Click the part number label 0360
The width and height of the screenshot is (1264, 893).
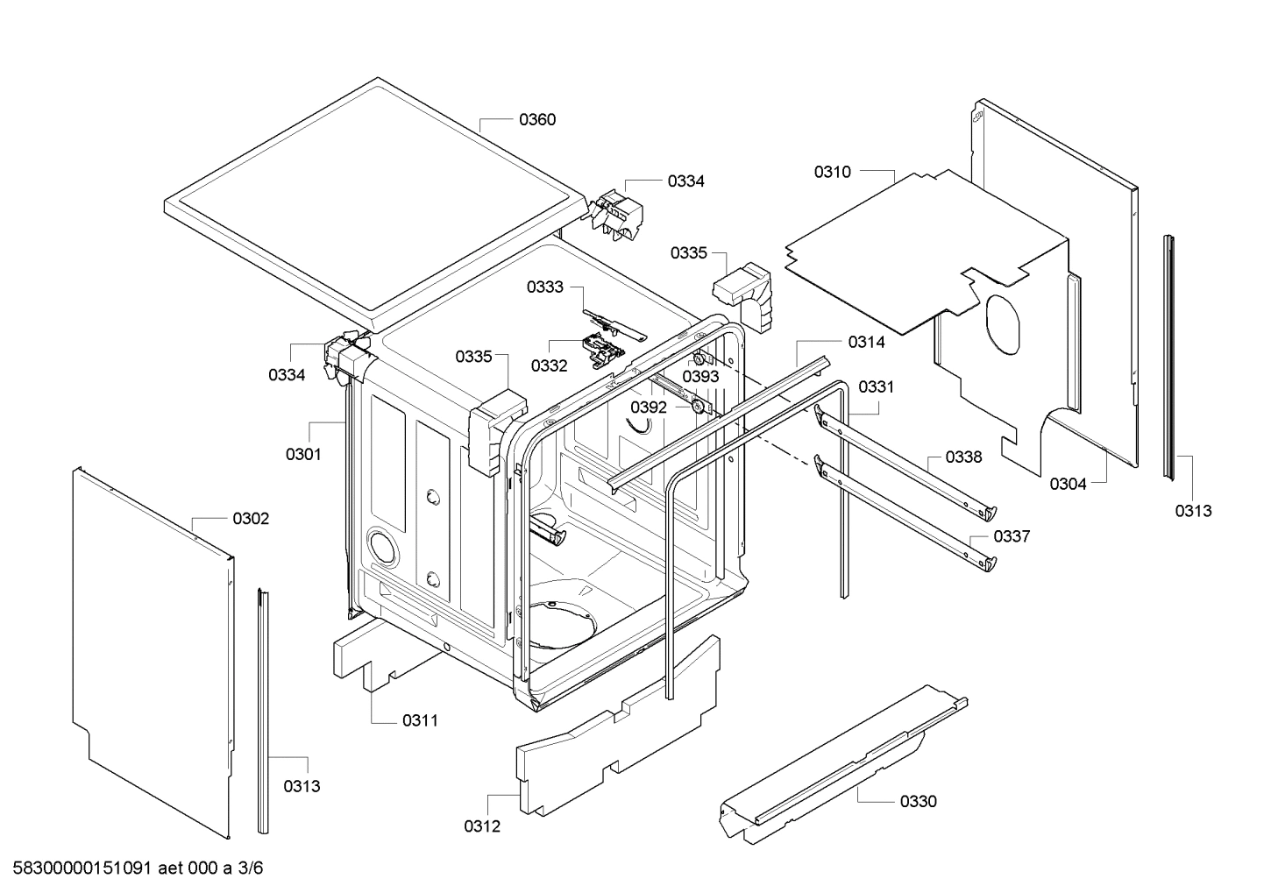click(x=536, y=120)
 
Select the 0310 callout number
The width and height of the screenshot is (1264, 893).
click(x=832, y=173)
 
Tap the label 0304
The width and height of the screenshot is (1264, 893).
click(x=1068, y=484)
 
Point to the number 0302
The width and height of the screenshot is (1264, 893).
click(x=251, y=519)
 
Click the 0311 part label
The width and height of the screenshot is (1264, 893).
click(x=420, y=721)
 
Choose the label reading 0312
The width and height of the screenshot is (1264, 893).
click(x=482, y=826)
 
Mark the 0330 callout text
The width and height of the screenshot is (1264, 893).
click(x=918, y=801)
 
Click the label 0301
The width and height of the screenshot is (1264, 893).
click(x=303, y=454)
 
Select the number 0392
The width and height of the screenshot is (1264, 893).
click(x=649, y=408)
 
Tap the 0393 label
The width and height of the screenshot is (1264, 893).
click(x=700, y=377)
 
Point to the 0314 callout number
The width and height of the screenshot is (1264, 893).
click(x=866, y=343)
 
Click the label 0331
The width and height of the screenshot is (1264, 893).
click(x=876, y=386)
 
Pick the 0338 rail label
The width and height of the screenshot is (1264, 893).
click(x=963, y=457)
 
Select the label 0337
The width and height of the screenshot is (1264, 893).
click(x=1012, y=536)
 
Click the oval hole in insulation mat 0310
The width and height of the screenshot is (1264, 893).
click(x=1002, y=325)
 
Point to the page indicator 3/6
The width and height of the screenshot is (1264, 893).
click(x=251, y=868)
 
